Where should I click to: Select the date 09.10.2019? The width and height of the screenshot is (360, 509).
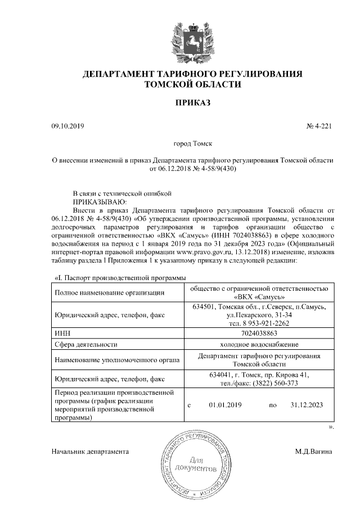(x=67, y=126)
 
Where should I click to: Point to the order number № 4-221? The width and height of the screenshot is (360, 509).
(x=319, y=126)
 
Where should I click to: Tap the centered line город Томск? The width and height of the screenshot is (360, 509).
(x=192, y=145)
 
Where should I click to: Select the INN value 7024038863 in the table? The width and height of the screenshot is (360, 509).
(x=258, y=334)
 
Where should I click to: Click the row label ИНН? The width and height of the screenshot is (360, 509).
(x=61, y=334)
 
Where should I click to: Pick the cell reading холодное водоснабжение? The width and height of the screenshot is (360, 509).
(x=259, y=344)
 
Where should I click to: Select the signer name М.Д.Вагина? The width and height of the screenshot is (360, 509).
(x=314, y=451)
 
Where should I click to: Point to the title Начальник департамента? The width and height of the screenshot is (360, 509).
(x=90, y=451)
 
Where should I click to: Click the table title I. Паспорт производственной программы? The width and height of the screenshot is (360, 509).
(x=119, y=277)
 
